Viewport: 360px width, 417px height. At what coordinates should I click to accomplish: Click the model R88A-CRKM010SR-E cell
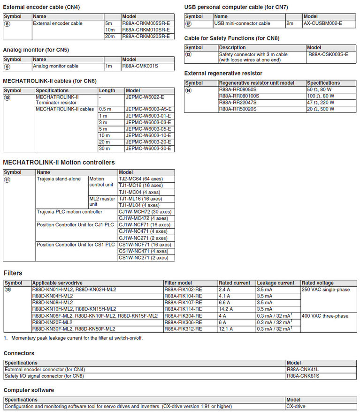146,30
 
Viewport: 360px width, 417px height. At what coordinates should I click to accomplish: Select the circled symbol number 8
7,23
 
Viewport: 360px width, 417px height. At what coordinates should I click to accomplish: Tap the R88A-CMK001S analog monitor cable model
140,66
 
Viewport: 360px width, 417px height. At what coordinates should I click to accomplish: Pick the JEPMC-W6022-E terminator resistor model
145,97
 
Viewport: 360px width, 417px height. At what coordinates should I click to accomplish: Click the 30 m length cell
105,149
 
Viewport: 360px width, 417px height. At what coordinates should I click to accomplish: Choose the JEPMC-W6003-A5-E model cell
148,109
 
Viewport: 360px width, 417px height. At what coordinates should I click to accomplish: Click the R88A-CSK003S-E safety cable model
328,54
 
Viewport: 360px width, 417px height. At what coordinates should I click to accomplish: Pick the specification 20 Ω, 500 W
321,109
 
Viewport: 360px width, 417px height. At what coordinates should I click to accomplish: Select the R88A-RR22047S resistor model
238,102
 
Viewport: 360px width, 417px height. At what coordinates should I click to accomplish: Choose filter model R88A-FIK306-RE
183,322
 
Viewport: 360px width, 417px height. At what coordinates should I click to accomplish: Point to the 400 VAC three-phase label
325,316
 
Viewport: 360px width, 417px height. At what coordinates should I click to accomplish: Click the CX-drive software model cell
297,406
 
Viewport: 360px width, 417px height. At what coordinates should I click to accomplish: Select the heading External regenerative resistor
223,73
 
